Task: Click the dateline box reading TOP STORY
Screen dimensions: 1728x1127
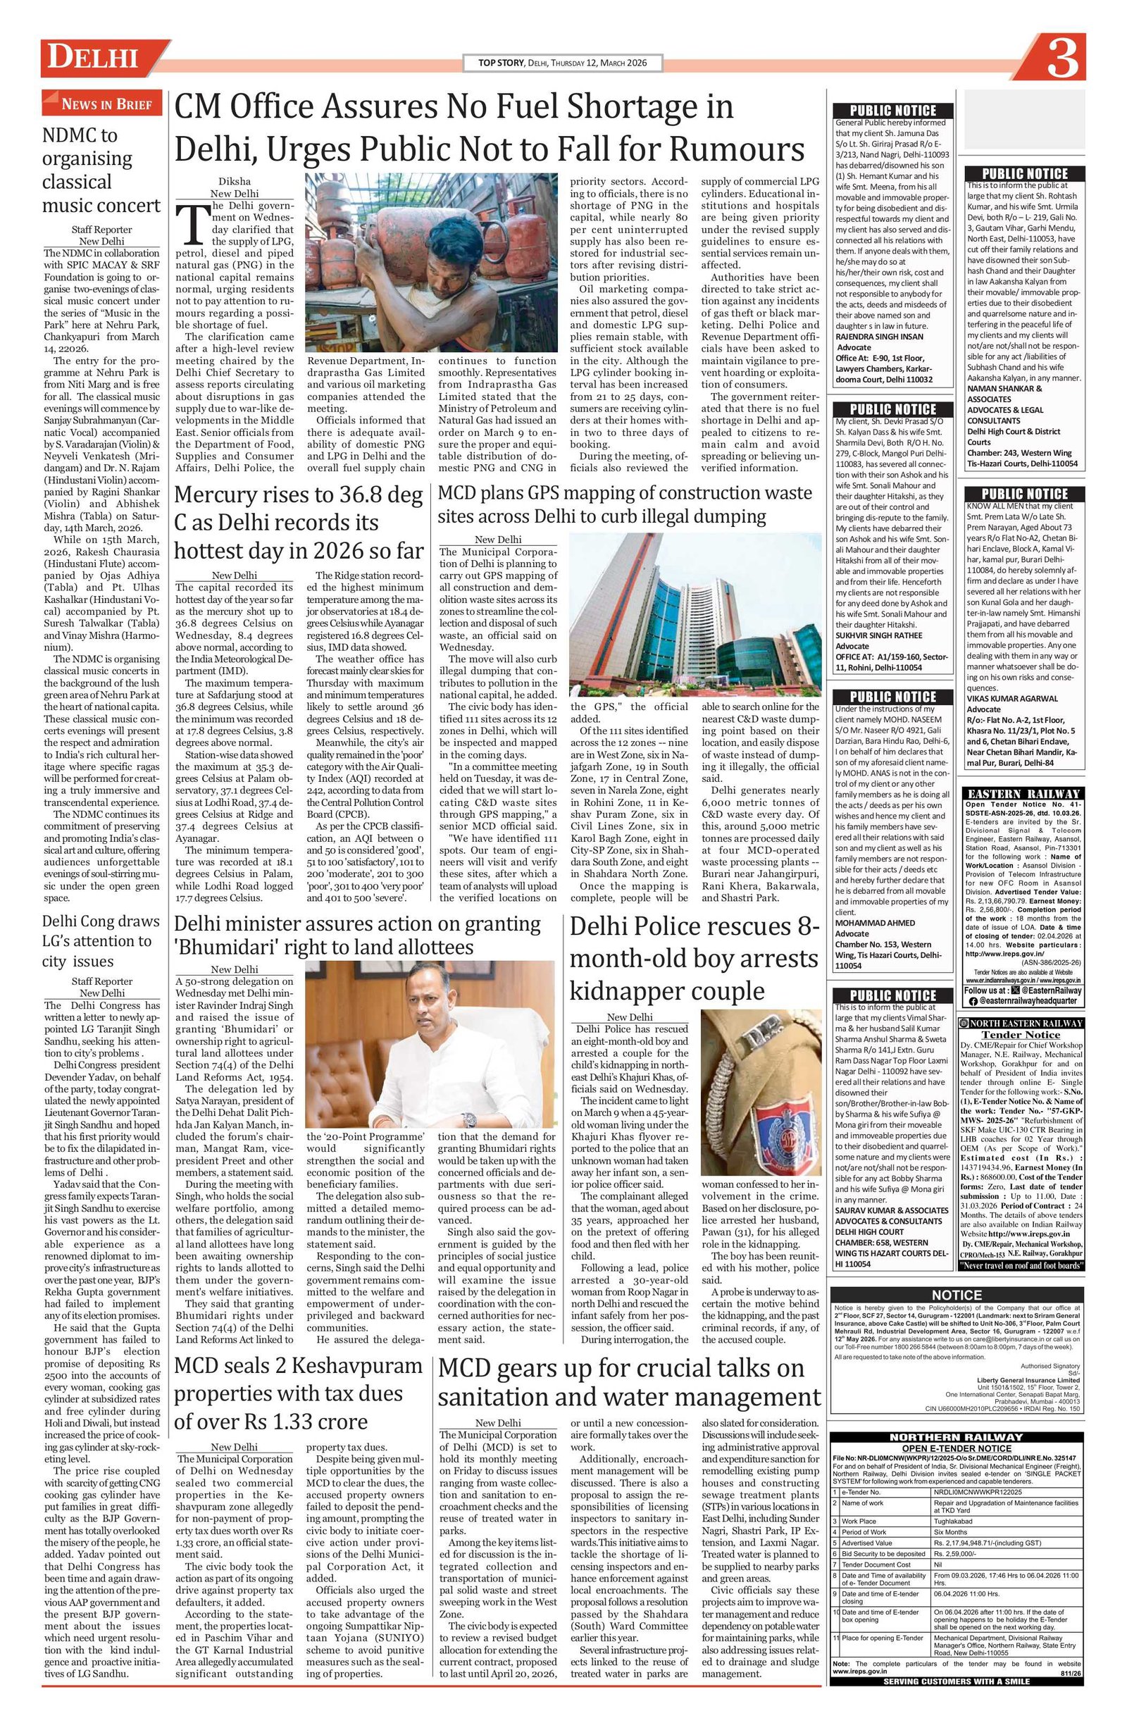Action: coord(562,63)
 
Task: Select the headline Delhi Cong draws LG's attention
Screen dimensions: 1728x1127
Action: coord(101,941)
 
